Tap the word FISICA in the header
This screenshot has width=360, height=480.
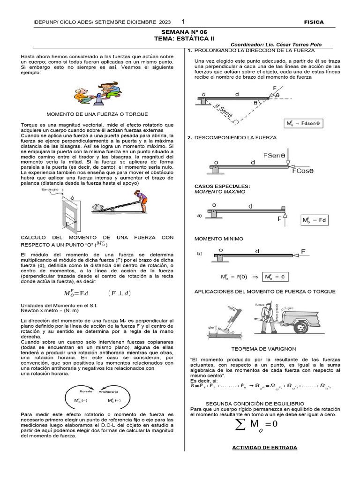click(314, 22)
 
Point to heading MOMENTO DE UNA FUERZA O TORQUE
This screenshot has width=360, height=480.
click(97, 114)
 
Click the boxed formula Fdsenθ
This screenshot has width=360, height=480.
click(303, 124)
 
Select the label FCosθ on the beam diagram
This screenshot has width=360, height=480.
click(303, 171)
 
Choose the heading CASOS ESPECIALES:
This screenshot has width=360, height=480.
click(222, 186)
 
